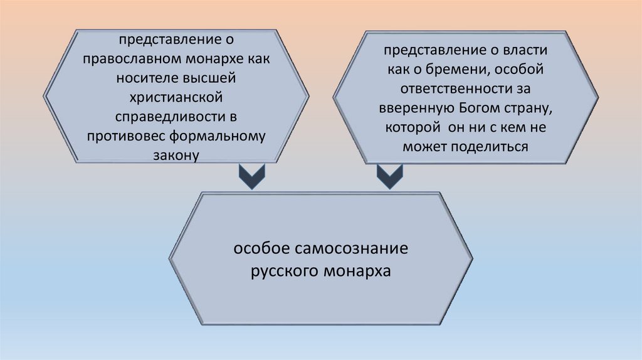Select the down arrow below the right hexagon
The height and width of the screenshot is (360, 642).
(390, 177)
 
